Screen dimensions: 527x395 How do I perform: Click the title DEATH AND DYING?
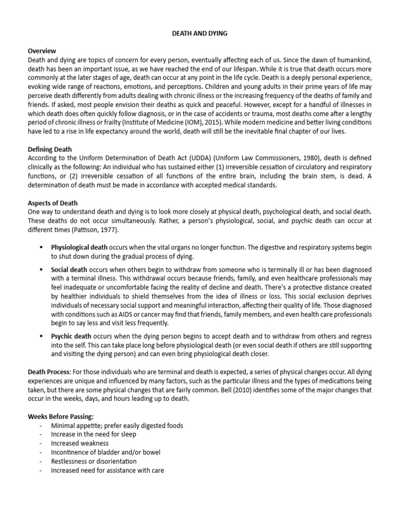pyautogui.click(x=199, y=33)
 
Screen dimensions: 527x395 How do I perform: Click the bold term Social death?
pyautogui.click(x=69, y=269)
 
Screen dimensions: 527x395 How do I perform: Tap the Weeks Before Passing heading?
pyautogui.click(x=61, y=417)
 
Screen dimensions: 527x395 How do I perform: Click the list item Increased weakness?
pyautogui.click(x=80, y=443)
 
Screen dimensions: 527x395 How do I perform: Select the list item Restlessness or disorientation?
pyautogui.click(x=94, y=461)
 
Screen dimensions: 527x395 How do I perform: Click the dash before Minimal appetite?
pyautogui.click(x=40, y=426)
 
